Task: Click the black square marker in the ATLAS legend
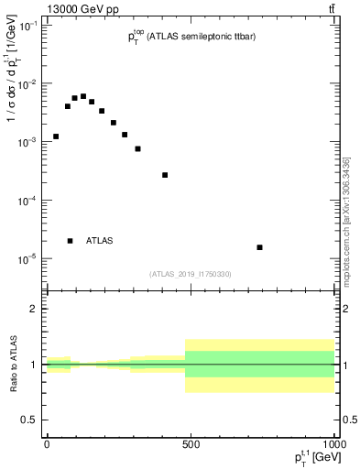point(71,241)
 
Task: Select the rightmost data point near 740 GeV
point(260,247)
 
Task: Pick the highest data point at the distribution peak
point(83,96)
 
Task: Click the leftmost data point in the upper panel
point(56,136)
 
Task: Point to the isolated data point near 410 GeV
point(165,175)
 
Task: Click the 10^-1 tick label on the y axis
point(29,26)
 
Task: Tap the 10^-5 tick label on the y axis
point(29,258)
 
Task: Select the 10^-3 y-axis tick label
point(29,142)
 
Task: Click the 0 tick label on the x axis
point(47,444)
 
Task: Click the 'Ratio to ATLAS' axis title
point(14,364)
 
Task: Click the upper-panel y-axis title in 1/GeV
point(13,101)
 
